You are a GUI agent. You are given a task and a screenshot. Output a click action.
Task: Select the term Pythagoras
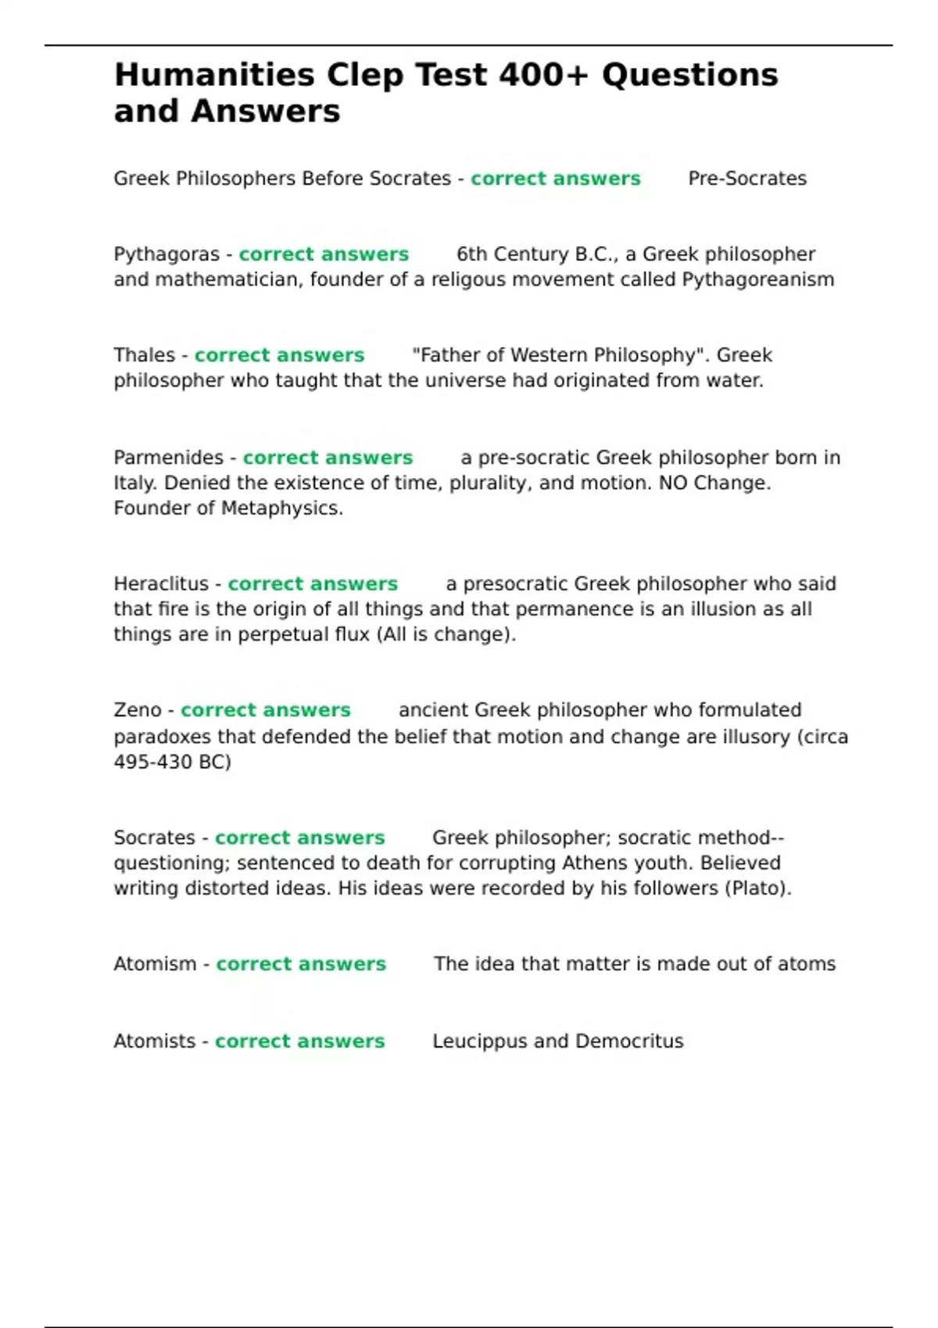tap(166, 255)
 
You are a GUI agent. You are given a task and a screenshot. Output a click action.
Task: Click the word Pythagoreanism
tap(757, 280)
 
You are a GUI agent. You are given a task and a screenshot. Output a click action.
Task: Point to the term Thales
tap(144, 355)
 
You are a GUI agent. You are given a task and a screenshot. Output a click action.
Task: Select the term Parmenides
tap(168, 458)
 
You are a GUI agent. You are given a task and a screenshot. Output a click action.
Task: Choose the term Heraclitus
tap(161, 584)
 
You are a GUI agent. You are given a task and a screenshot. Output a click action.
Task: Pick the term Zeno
tap(138, 710)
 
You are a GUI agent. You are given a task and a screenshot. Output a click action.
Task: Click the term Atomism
tap(155, 964)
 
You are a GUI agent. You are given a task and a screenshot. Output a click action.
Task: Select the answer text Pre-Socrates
tap(746, 179)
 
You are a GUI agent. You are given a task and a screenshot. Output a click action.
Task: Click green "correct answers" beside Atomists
tap(299, 1041)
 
